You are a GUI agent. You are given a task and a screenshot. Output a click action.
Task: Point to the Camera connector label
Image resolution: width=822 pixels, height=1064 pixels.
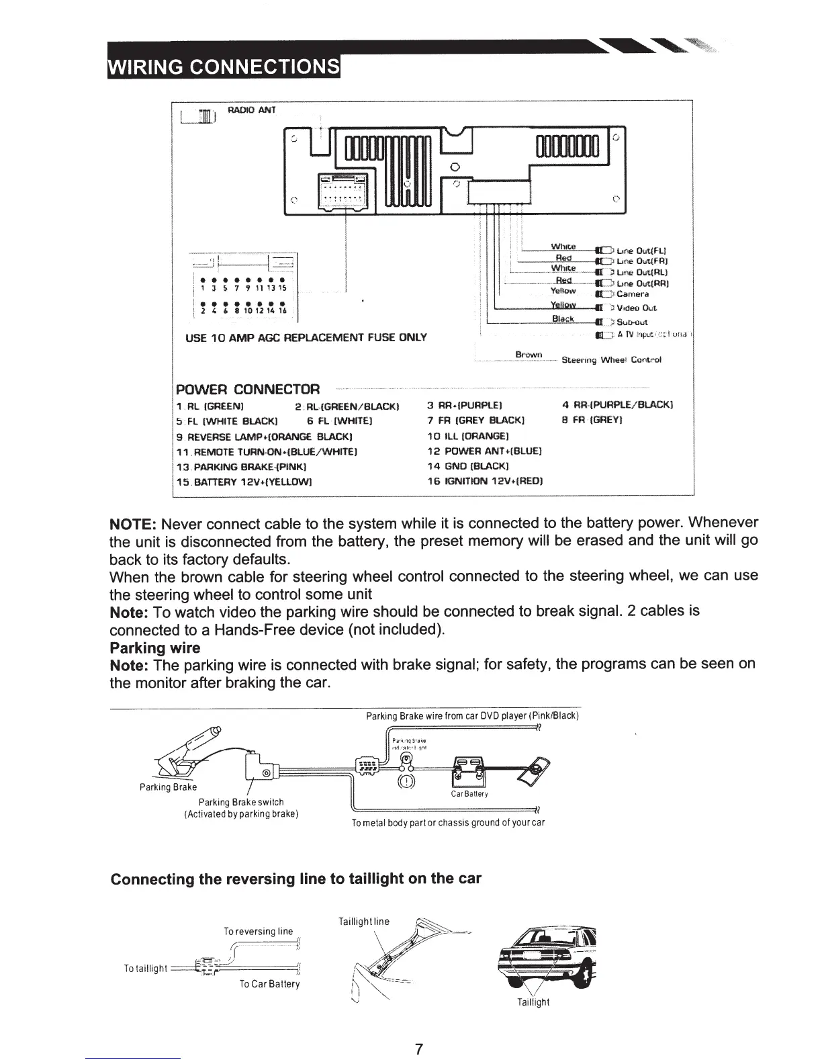[x=633, y=294]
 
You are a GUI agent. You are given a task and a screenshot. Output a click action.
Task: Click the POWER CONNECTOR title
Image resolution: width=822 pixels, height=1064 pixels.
[x=248, y=390]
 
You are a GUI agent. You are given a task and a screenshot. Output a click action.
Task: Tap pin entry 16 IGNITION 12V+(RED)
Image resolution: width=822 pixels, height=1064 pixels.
[x=485, y=482]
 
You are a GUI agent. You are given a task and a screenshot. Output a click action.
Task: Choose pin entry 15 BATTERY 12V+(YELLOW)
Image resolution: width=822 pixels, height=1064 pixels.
[x=243, y=482]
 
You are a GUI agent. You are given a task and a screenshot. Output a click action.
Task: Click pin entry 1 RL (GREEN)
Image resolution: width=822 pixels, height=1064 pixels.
[x=209, y=405]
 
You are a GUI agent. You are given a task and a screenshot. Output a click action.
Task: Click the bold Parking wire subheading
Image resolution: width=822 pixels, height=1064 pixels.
[x=154, y=648]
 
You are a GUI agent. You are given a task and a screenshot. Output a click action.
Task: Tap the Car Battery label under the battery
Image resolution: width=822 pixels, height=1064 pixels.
[x=470, y=794]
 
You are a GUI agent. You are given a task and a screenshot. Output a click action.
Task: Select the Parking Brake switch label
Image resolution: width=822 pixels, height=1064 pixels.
[x=241, y=802]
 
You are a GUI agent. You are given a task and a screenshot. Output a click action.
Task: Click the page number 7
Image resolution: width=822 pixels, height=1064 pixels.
[x=418, y=1049]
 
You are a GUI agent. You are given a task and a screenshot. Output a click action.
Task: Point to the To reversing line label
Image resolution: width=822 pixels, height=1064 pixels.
[x=258, y=931]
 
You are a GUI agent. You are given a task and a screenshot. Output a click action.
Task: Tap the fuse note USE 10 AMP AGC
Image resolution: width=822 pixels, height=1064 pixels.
[x=306, y=337]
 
